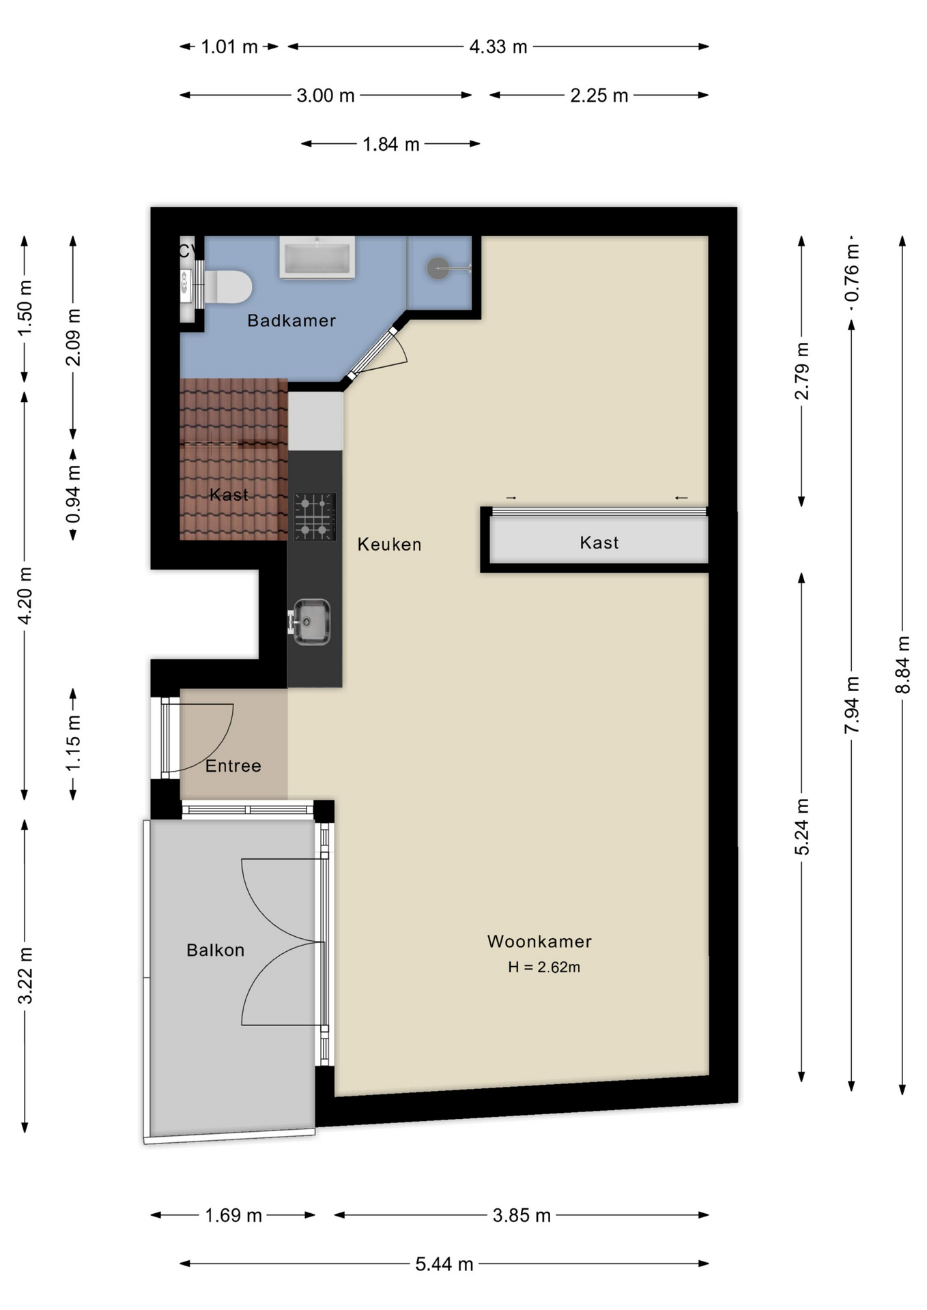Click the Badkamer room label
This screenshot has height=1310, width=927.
pyautogui.click(x=291, y=320)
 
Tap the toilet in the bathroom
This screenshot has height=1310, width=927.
pyautogui.click(x=228, y=287)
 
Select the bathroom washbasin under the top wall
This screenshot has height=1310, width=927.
pyautogui.click(x=317, y=257)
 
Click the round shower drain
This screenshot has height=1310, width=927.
pyautogui.click(x=438, y=268)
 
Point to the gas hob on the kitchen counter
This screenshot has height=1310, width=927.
pyautogui.click(x=315, y=516)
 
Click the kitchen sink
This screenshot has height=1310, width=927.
pyautogui.click(x=311, y=622)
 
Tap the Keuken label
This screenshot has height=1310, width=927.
pyautogui.click(x=389, y=544)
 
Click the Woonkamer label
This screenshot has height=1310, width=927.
pyautogui.click(x=539, y=942)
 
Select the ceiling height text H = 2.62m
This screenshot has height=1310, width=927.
pyautogui.click(x=544, y=967)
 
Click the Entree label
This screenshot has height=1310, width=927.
pyautogui.click(x=233, y=766)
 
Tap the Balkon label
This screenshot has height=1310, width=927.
pyautogui.click(x=215, y=950)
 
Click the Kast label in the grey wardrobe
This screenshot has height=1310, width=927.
pyautogui.click(x=599, y=543)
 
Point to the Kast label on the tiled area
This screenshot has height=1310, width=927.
pyautogui.click(x=229, y=495)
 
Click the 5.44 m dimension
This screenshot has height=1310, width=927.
pyautogui.click(x=444, y=1264)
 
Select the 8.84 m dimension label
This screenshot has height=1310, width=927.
pyautogui.click(x=902, y=665)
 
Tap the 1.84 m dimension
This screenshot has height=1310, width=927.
pyautogui.click(x=390, y=144)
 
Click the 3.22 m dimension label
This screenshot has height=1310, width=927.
pyautogui.click(x=25, y=976)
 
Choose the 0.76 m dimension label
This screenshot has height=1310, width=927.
pyautogui.click(x=851, y=273)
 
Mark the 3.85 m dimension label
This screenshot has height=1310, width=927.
pyautogui.click(x=522, y=1215)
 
